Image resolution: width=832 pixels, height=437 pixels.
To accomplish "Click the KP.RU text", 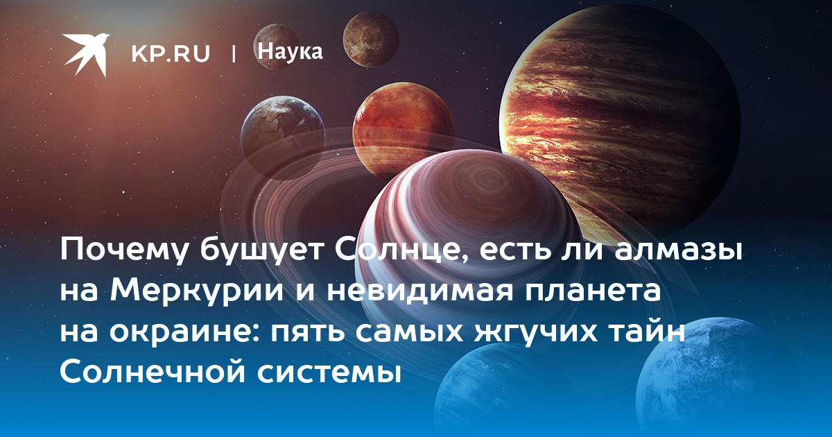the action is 171,53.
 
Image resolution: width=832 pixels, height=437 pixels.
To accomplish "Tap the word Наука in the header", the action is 291,52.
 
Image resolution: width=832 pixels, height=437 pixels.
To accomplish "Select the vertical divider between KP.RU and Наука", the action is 234,53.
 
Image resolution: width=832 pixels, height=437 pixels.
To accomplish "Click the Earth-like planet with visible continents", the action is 283,137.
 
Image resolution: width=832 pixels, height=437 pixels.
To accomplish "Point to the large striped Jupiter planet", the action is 620,123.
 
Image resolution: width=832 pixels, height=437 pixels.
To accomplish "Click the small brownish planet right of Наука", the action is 371,39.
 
